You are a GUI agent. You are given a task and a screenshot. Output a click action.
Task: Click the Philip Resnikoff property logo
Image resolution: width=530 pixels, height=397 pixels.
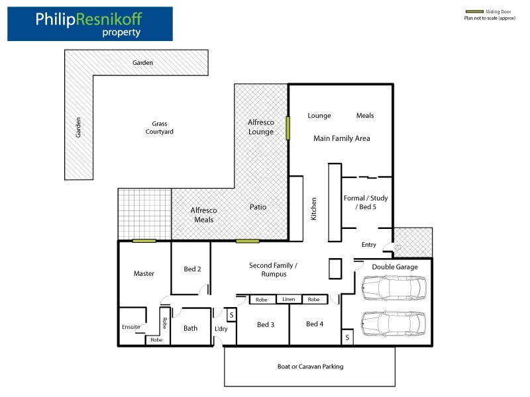pyautogui.click(x=90, y=24)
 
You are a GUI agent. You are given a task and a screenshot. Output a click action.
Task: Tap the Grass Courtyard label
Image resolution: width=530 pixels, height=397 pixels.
pyautogui.click(x=160, y=128)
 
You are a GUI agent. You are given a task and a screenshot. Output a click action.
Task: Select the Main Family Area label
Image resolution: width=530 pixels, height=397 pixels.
pyautogui.click(x=342, y=138)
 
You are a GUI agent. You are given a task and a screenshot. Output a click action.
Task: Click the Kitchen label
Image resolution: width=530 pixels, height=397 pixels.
pyautogui.click(x=313, y=209)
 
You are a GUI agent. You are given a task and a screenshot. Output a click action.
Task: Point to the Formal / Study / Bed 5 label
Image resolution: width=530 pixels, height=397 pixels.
pyautogui.click(x=366, y=202)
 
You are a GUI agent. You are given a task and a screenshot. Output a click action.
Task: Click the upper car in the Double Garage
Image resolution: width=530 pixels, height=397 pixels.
pyautogui.click(x=394, y=288)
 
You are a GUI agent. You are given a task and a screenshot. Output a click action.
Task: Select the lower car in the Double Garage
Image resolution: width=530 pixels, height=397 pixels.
pyautogui.click(x=394, y=324)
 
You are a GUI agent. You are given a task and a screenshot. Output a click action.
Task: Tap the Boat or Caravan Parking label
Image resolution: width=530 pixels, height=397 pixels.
pyautogui.click(x=310, y=367)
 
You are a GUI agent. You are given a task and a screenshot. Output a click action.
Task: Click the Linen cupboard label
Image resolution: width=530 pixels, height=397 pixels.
pyautogui.click(x=289, y=299)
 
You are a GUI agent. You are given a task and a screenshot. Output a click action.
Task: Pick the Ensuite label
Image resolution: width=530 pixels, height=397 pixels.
pyautogui.click(x=131, y=327)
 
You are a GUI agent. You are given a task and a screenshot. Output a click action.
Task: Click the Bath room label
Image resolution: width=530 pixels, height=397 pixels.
pyautogui.click(x=190, y=328)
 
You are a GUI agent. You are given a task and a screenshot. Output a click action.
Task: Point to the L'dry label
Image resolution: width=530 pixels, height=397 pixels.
pyautogui.click(x=221, y=329)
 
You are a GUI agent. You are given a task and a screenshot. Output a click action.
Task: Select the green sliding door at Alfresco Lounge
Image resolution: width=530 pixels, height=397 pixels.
pyautogui.click(x=288, y=128)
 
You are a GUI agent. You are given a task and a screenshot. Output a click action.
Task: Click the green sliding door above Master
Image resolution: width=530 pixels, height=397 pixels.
pyautogui.click(x=144, y=241)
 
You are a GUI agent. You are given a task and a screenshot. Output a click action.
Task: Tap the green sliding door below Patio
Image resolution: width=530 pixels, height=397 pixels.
pyautogui.click(x=248, y=241)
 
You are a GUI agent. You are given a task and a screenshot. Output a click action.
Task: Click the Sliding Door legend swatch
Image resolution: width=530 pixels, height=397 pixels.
pyautogui.click(x=474, y=12)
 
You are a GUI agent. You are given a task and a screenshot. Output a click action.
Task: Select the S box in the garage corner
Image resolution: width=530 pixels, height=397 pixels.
pyautogui.click(x=347, y=337)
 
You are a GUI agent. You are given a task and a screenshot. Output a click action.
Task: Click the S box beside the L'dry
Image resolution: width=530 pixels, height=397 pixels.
pyautogui.click(x=231, y=316)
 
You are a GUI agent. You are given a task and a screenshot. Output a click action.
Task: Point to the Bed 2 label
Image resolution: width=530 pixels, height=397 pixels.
pyautogui.click(x=192, y=269)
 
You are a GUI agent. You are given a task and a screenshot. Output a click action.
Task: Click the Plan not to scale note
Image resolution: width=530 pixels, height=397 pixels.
pyautogui.click(x=490, y=19)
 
